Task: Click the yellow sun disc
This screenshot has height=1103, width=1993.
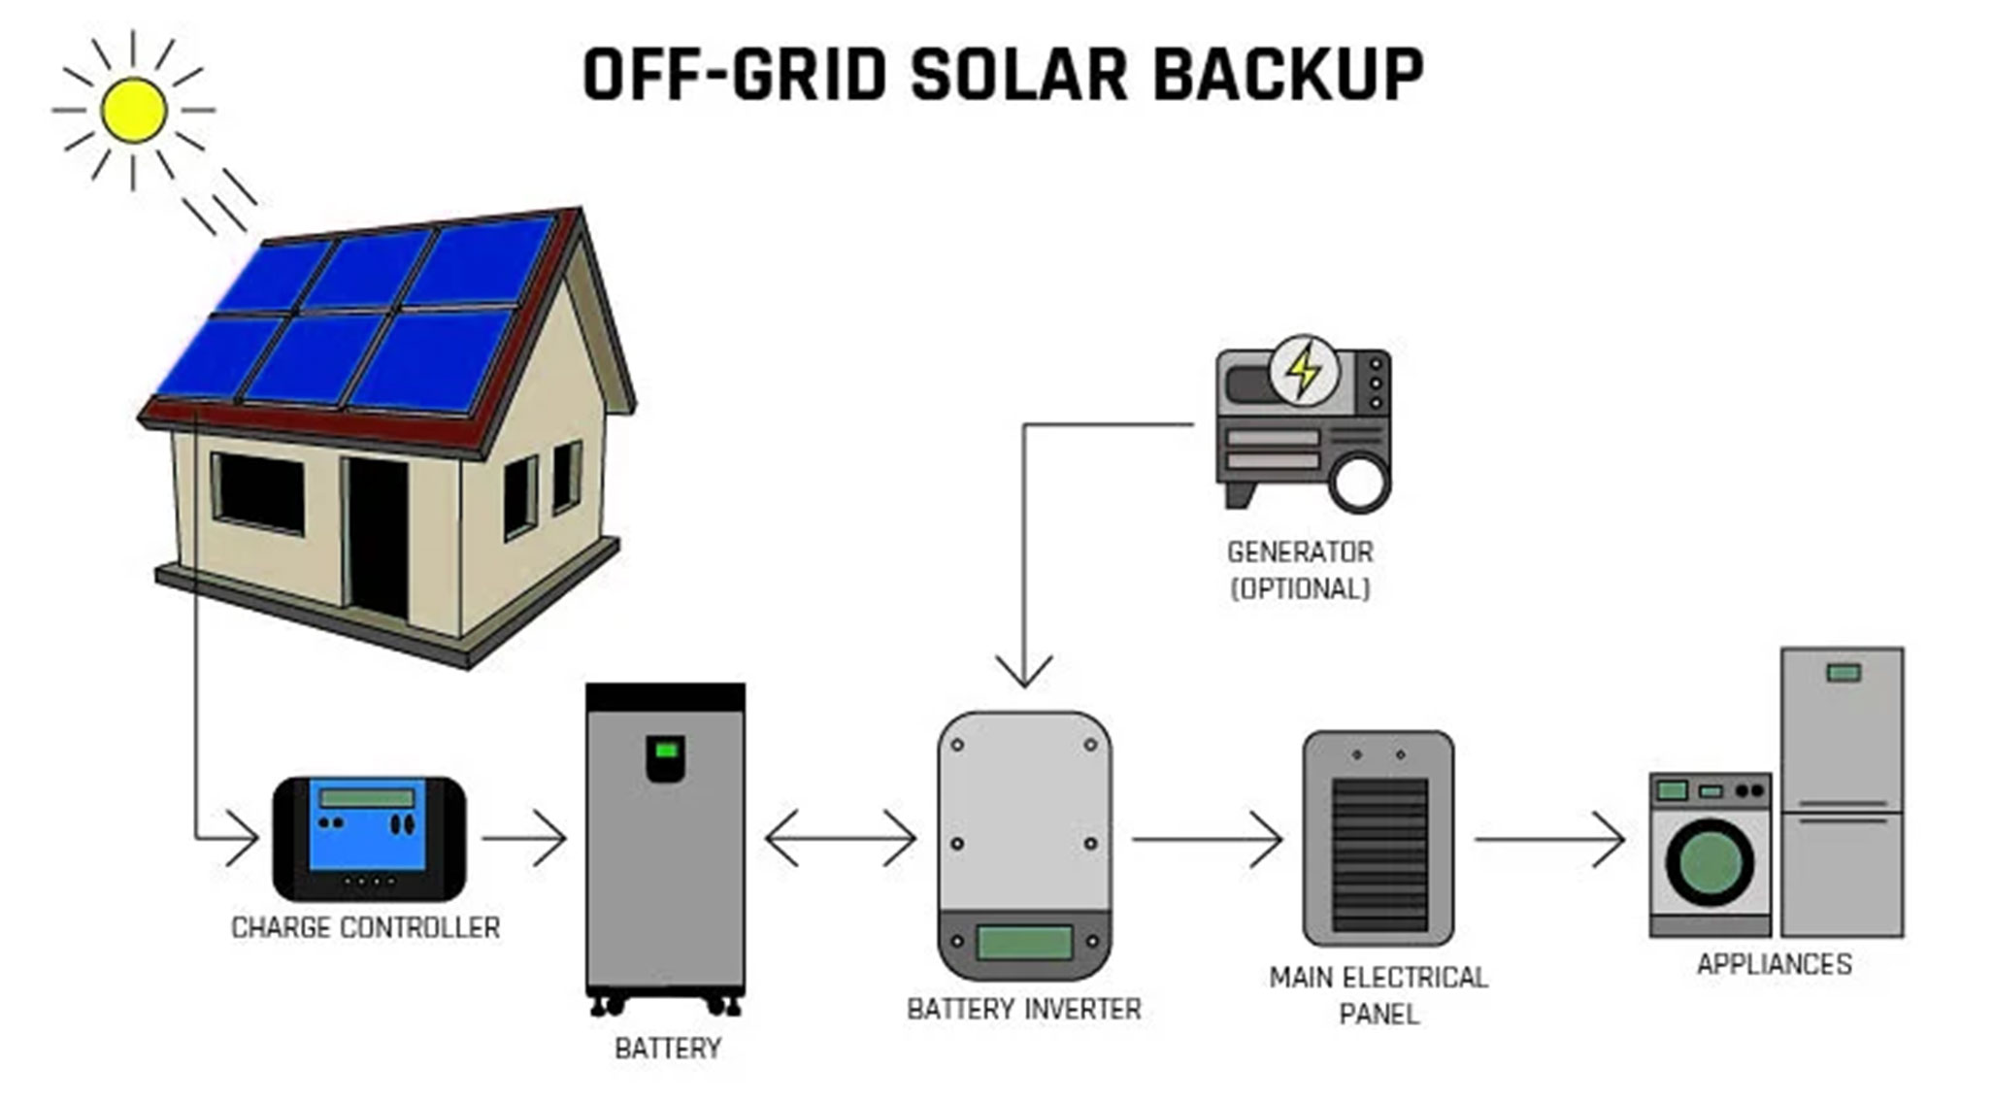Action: [133, 110]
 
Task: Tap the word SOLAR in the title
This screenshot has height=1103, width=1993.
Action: [1018, 74]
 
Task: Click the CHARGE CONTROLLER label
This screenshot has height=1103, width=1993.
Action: [366, 927]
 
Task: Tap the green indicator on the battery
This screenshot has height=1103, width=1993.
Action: [666, 750]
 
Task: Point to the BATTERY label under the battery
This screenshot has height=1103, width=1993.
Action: [668, 1049]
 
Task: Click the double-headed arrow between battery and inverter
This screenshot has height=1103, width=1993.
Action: [841, 838]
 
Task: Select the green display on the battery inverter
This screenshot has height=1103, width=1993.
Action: [1024, 943]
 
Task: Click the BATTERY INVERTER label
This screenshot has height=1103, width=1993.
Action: [1024, 1010]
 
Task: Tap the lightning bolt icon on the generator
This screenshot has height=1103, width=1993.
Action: [1304, 369]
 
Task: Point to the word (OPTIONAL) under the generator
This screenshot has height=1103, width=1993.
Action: [1300, 589]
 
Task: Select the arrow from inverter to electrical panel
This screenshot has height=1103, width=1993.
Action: [1207, 839]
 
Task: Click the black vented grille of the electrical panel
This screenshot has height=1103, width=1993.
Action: [1379, 854]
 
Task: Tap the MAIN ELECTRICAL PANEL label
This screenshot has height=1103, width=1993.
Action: [1378, 995]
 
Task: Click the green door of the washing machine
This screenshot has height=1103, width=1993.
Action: [1710, 862]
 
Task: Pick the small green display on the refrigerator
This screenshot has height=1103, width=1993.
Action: [1844, 672]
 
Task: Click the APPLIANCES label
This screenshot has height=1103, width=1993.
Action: [1775, 964]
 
